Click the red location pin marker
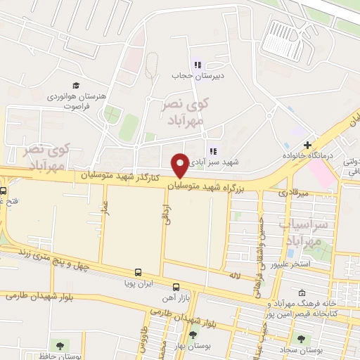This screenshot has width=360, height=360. [x=180, y=165]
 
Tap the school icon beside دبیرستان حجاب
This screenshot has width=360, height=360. [x=198, y=65]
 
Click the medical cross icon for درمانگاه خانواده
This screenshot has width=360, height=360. [x=307, y=144]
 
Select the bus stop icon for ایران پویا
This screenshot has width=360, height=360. [x=137, y=272]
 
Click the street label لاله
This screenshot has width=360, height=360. [x=254, y=277]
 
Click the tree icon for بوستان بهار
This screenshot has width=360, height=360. [x=193, y=335]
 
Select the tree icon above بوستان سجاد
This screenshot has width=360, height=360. [x=302, y=338]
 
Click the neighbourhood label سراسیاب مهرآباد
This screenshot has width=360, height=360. [x=304, y=233]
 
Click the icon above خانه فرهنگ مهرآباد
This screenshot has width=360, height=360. [x=302, y=293]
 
